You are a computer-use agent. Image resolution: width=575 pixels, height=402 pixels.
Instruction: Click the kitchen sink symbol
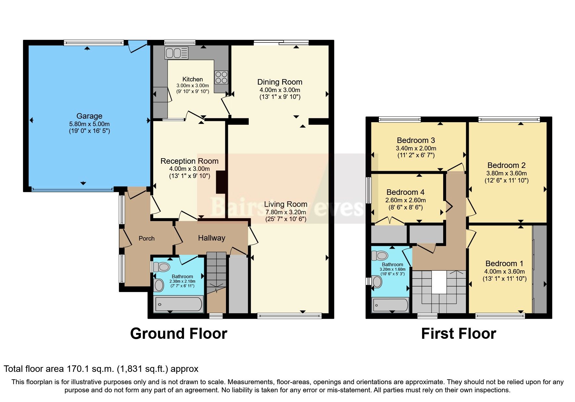[x=176, y=53]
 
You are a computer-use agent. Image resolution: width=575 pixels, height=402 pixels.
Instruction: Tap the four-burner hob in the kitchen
[x=221, y=77]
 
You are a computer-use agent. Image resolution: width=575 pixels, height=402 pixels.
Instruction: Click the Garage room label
[x=89, y=116]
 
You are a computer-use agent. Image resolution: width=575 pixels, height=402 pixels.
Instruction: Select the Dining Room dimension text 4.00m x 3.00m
[x=280, y=90]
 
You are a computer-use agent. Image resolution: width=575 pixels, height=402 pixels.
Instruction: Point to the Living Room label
[x=285, y=204]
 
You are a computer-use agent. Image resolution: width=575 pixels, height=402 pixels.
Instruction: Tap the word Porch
[x=146, y=238]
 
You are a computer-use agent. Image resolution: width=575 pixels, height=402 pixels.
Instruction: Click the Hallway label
[x=211, y=238]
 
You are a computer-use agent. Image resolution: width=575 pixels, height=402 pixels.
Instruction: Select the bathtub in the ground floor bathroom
[x=179, y=304]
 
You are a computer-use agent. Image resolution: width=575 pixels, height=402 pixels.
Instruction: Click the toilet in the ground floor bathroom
[x=161, y=267]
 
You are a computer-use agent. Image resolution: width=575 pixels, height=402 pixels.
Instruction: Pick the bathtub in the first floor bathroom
[x=391, y=305]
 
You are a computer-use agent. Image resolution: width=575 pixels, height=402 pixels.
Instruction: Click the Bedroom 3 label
[x=416, y=140]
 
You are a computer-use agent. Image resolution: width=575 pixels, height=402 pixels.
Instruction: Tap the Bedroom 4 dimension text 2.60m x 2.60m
[x=405, y=200]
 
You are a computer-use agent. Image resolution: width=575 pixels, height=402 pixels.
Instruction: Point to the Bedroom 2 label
[x=506, y=165]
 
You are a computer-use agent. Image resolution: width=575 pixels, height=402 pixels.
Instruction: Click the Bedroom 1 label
[x=504, y=264]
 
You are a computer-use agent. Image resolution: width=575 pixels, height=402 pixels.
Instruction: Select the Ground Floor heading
[x=179, y=334]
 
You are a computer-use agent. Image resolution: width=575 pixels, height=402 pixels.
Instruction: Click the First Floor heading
[x=458, y=334]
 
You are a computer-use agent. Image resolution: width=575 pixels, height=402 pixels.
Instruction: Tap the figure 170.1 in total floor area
[x=75, y=369]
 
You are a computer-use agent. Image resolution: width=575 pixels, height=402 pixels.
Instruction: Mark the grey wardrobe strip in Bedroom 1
[x=540, y=269]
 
